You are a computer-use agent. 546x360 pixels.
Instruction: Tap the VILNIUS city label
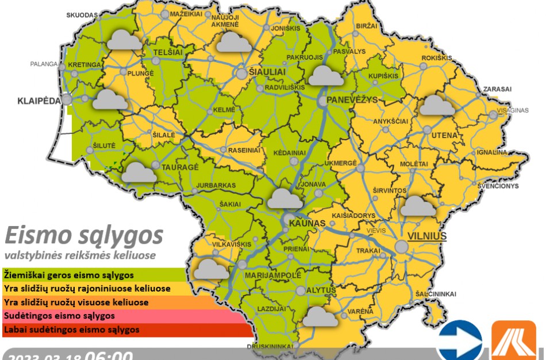pos(426,236)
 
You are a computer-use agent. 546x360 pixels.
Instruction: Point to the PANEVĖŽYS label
pos(351,100)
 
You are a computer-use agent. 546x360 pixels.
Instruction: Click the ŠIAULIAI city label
pos(267,71)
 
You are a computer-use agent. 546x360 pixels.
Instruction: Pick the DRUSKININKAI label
pos(270,346)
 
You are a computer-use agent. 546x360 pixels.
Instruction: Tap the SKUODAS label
pos(82,15)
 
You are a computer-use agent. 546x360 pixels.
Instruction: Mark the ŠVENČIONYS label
pos(498,186)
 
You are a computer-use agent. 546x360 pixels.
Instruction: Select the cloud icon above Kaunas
pos(285,198)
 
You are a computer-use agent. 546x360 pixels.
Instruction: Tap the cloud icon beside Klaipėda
pos(110,99)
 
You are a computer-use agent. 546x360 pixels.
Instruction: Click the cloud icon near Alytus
pos(321,316)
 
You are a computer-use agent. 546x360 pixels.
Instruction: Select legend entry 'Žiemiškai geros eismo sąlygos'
pos(69,275)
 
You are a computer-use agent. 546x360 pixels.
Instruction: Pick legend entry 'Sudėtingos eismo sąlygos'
pos(60,316)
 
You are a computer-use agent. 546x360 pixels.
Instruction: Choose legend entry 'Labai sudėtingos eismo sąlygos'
pos(71,330)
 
